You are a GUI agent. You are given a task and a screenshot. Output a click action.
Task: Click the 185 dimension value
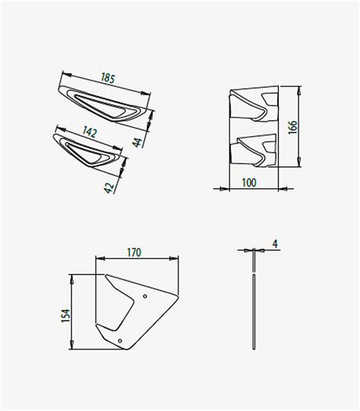108,78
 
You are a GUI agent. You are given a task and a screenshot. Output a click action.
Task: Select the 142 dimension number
90,132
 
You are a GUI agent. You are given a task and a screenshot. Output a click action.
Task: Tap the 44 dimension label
137,142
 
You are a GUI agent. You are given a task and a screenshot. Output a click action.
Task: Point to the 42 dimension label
109,188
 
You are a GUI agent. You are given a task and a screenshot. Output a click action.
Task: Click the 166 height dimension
292,128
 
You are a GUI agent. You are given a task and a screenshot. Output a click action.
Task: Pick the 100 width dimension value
249,182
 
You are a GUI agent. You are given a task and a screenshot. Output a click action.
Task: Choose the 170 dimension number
134,252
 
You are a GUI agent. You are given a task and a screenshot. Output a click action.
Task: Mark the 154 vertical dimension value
66,315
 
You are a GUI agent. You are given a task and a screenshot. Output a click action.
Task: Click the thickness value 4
275,244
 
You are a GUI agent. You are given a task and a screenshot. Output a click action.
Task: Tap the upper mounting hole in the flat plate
145,296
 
